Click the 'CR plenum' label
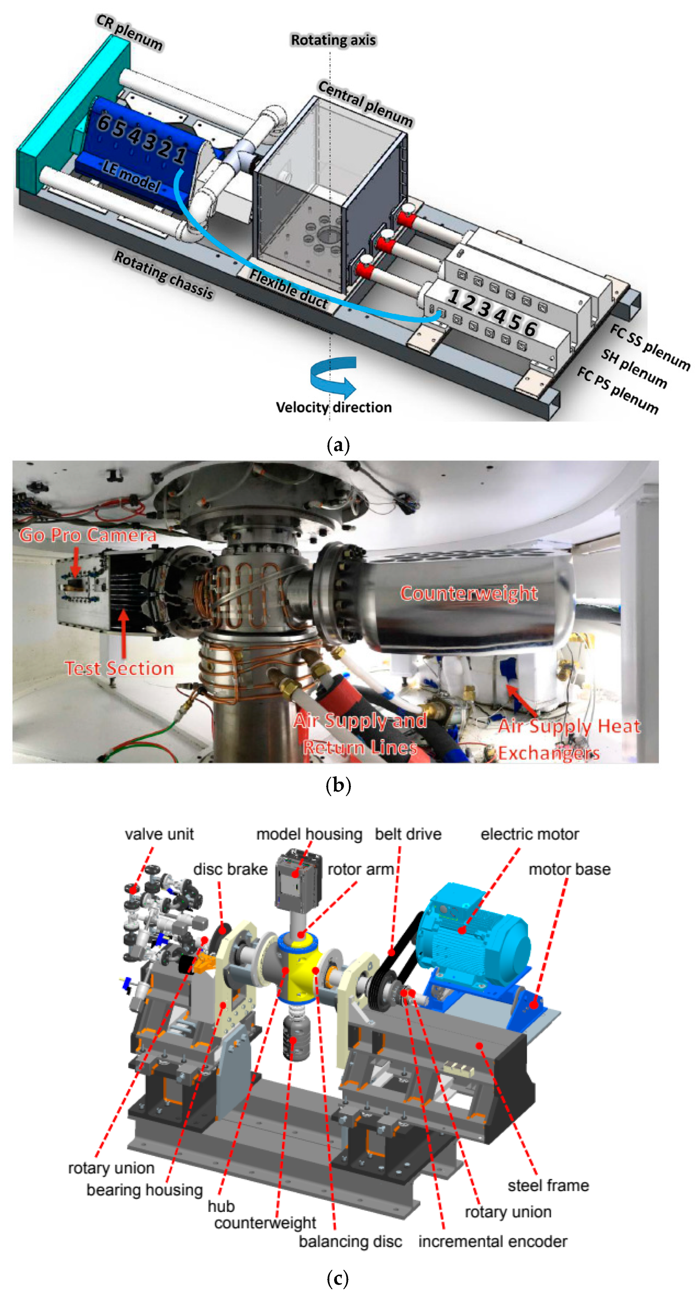click(130, 33)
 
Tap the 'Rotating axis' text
click(333, 40)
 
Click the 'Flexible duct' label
click(289, 289)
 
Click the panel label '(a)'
click(338, 445)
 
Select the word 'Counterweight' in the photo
click(469, 593)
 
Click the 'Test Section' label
click(120, 668)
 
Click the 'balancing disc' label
click(350, 1241)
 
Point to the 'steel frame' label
click(548, 1185)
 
